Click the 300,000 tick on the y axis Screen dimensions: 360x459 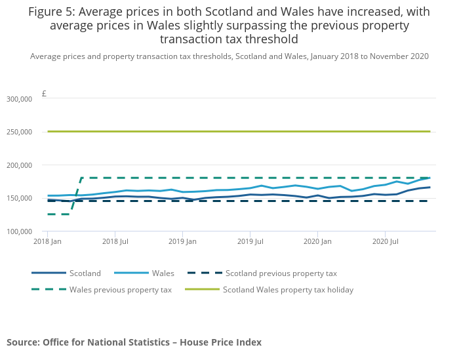18,99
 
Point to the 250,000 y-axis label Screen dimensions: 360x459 18,132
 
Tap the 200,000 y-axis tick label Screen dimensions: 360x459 18,165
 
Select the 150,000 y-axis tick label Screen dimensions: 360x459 18,198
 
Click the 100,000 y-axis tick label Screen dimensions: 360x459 18,231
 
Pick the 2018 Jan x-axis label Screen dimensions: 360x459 47,242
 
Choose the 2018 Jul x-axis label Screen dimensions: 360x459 115,242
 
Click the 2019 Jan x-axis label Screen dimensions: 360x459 182,242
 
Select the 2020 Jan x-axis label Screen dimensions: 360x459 317,242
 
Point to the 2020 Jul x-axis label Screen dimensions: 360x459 385,242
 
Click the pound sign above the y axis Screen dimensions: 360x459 44,94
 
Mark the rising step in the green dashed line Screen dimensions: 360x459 75,196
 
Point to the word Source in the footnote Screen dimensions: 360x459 22,342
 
